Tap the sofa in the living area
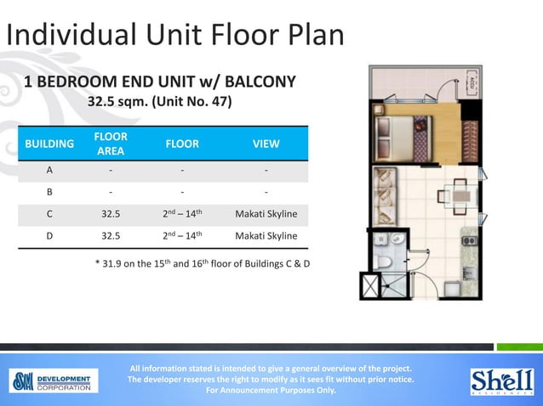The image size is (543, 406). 385,191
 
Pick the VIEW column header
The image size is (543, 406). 266,144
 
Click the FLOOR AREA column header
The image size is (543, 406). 111,144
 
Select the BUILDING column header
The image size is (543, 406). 49,144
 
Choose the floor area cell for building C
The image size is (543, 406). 111,213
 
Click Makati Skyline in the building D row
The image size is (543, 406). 266,235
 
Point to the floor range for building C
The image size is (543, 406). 182,213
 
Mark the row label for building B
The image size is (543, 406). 49,191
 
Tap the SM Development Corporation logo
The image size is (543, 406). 54,381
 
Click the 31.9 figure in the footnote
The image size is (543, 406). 114,263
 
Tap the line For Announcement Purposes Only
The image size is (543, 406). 271,391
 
